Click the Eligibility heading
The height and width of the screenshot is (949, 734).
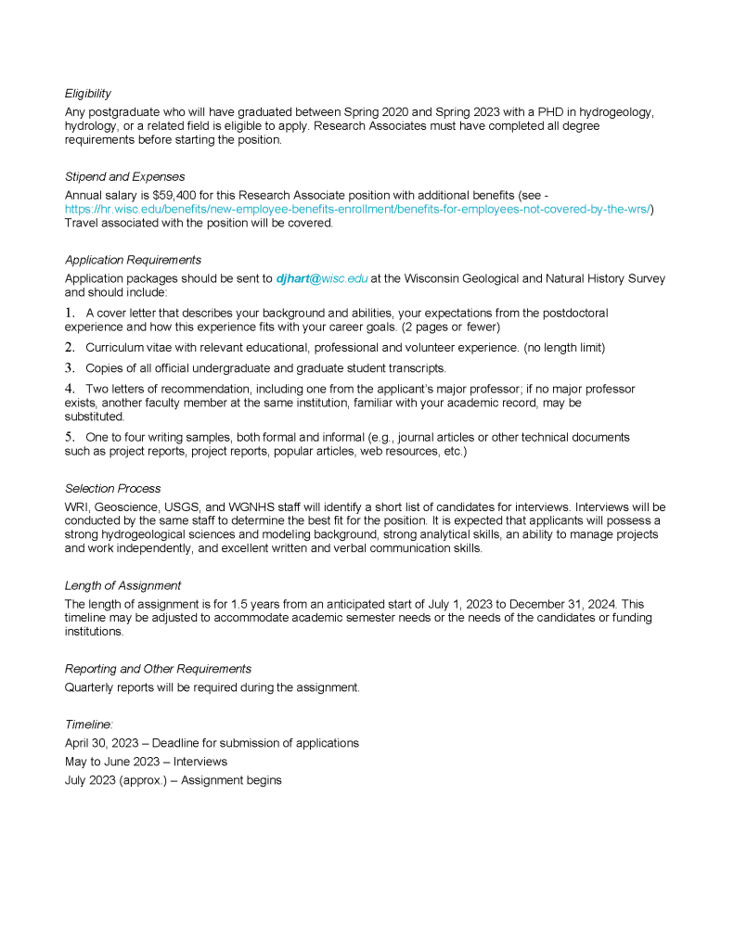pos(88,94)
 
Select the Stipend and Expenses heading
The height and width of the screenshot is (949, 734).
pos(124,176)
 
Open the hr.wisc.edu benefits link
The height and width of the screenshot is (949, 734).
pos(357,210)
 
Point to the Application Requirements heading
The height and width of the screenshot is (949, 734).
pos(133,260)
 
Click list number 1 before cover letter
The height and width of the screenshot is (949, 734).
pos(70,314)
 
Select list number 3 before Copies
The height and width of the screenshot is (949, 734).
pos(70,367)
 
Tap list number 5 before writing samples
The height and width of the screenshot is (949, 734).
pos(70,436)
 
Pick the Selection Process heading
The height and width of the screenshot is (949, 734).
pos(112,488)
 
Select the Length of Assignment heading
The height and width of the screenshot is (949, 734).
pos(122,585)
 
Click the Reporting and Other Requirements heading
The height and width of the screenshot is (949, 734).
pos(158,669)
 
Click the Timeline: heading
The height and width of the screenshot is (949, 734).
pos(89,725)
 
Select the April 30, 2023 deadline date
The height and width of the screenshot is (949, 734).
pos(101,743)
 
